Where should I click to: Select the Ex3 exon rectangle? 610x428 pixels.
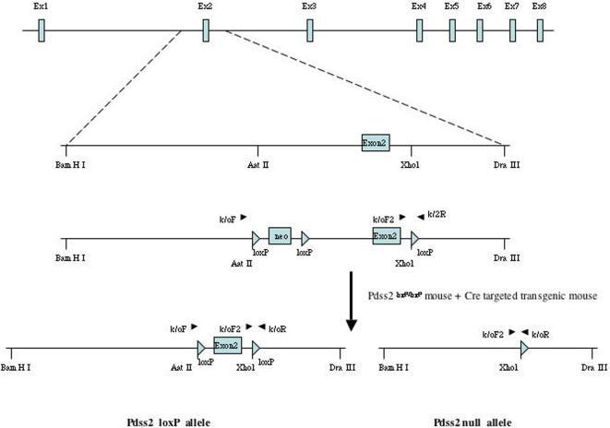(310, 30)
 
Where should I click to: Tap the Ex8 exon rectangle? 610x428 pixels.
(541, 30)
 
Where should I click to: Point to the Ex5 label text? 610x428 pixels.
(451, 6)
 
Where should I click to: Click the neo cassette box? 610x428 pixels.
(281, 236)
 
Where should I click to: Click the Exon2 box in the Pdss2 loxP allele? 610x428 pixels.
(227, 347)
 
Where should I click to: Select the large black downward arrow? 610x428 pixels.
(352, 300)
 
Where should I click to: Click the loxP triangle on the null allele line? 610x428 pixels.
(524, 350)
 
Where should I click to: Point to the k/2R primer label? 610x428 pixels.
(437, 214)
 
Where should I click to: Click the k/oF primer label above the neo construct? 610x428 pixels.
(227, 220)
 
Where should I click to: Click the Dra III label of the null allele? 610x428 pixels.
(593, 366)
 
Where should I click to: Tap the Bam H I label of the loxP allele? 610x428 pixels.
(15, 366)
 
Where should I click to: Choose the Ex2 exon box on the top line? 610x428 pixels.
(206, 30)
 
